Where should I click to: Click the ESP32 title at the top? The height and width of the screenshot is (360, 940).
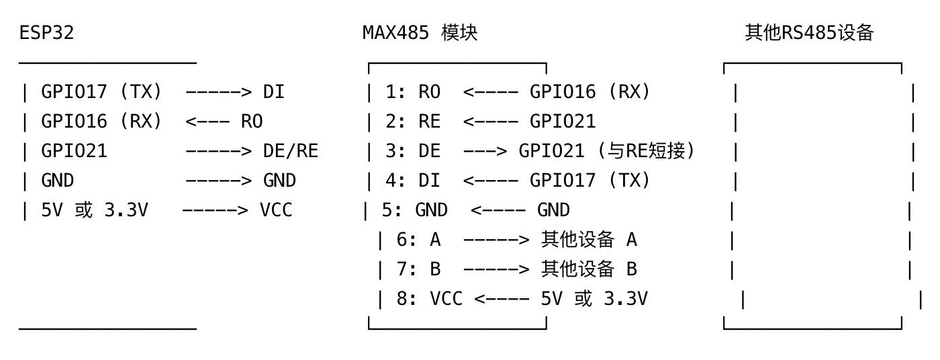(46, 33)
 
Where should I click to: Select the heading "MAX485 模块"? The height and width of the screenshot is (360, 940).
(420, 33)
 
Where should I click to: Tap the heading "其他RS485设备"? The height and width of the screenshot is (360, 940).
(808, 33)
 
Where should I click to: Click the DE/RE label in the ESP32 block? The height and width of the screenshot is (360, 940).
(290, 151)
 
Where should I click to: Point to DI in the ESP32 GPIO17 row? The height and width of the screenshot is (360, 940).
(273, 92)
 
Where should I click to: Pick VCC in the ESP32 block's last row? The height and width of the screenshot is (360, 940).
(276, 210)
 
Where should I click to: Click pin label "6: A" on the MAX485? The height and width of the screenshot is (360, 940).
(418, 240)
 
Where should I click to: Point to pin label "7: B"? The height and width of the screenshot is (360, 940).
(418, 269)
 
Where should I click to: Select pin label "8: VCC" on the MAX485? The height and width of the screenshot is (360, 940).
(429, 299)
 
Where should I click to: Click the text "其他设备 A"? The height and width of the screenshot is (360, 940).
(589, 240)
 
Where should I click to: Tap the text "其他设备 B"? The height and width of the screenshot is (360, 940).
(589, 269)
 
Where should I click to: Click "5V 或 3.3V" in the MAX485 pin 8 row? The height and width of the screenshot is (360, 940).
(594, 299)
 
